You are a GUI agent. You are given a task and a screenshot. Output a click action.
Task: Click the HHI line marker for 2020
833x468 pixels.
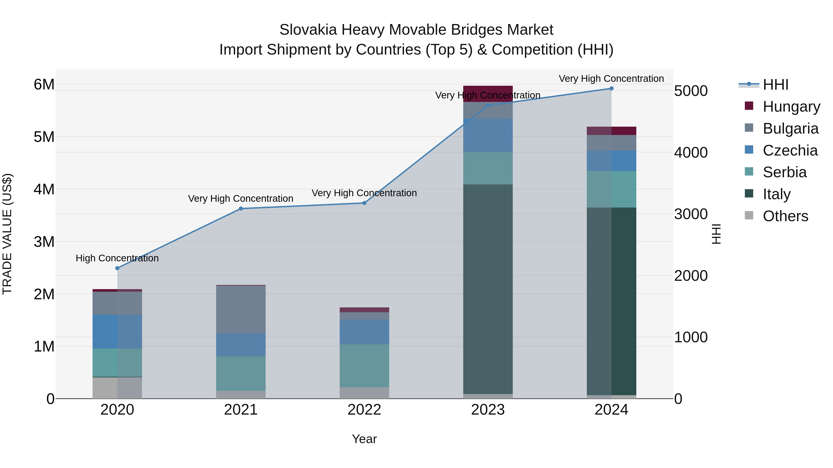pyautogui.click(x=117, y=268)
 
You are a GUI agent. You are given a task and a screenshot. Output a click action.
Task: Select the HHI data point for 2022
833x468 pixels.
pyautogui.click(x=364, y=203)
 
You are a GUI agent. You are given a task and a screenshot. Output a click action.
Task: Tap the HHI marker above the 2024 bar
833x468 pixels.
pyautogui.click(x=611, y=88)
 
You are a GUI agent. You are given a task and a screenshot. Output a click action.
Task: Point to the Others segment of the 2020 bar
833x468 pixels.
pyautogui.click(x=117, y=388)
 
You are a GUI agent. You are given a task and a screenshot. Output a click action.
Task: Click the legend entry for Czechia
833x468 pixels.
pyautogui.click(x=790, y=150)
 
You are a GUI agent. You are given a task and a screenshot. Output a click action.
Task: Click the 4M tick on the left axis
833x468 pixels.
pyautogui.click(x=44, y=189)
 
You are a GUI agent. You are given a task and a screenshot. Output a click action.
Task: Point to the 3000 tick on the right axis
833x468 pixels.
pyautogui.click(x=691, y=214)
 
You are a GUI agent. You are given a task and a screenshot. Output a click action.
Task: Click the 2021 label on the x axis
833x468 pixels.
pyautogui.click(x=241, y=410)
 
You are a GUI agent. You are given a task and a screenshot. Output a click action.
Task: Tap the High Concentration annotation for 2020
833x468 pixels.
pyautogui.click(x=117, y=258)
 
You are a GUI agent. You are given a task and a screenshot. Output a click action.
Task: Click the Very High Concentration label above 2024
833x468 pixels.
pyautogui.click(x=611, y=79)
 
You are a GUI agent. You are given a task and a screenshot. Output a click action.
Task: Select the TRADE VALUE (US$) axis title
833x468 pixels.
pyautogui.click(x=7, y=234)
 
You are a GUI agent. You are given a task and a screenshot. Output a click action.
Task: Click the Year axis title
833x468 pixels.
pyautogui.click(x=364, y=439)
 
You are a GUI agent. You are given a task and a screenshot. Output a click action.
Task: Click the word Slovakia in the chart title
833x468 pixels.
pyautogui.click(x=308, y=30)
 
